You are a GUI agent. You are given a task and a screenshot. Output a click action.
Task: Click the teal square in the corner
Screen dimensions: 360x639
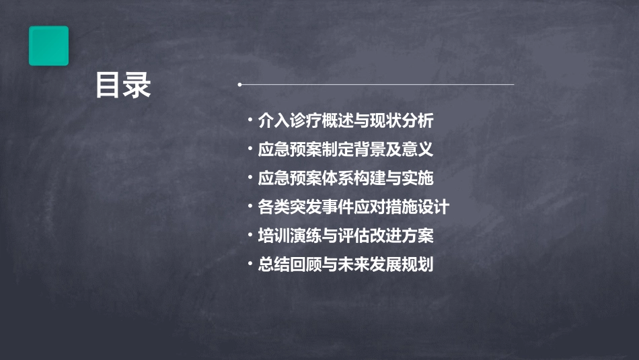tap(48, 46)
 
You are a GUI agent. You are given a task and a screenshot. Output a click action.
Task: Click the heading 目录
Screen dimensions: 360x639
tap(123, 85)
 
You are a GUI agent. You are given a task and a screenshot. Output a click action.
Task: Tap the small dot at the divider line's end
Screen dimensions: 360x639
tap(239, 85)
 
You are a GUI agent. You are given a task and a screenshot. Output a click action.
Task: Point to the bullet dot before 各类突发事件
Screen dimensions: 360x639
tap(250, 206)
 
